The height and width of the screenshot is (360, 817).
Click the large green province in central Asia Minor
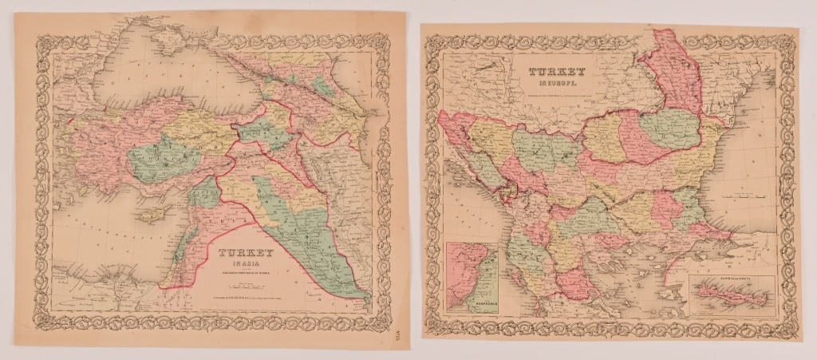coord(156,155)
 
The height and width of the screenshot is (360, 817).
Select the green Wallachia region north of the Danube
coord(670,128)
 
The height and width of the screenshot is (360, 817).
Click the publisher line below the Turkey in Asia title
coord(247,301)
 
